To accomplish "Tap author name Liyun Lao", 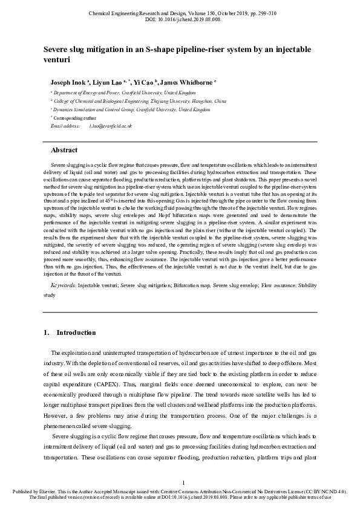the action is coord(108,82).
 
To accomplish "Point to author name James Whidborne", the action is coord(186,82).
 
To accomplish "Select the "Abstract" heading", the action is coord(64,150).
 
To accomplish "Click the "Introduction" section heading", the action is coord(76,332).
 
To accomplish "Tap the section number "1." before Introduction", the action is coord(47,332).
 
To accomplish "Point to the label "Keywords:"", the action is coord(63,284).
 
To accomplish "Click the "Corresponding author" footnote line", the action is coord(73,118).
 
